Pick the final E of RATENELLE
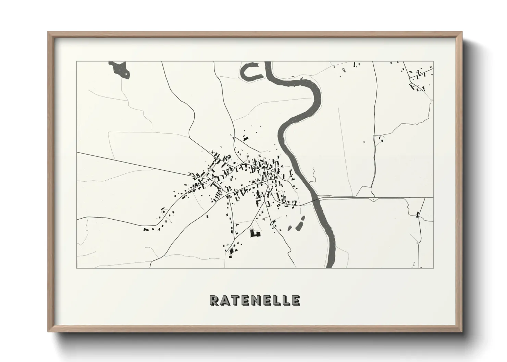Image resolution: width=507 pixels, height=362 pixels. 296,300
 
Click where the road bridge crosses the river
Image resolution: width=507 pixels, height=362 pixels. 318,199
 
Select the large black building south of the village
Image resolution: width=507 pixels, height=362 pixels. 255,234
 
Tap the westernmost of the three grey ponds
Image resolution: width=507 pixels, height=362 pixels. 290,228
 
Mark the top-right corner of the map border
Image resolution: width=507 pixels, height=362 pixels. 433,62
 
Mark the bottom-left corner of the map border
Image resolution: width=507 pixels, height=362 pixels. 76,268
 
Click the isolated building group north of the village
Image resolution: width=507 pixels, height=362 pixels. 245,138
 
